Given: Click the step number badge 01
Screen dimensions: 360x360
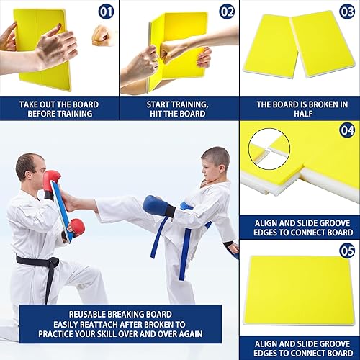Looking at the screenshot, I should [x=106, y=12].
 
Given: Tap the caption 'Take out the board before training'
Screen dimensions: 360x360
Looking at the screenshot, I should [x=59, y=109].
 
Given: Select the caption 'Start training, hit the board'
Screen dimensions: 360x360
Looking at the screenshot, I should [x=179, y=109].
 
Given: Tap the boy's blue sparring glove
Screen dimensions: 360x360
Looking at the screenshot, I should [x=158, y=207].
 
